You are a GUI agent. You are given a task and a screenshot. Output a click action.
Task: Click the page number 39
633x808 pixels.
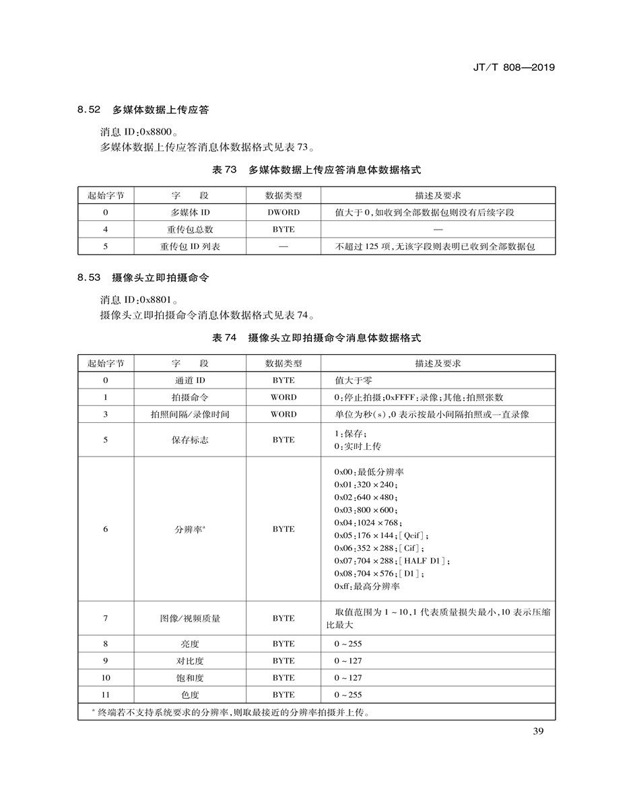(537, 733)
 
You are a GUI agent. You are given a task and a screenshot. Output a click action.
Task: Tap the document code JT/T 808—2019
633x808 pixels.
(510, 67)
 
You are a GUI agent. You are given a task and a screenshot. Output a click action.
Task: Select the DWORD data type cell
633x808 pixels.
(284, 212)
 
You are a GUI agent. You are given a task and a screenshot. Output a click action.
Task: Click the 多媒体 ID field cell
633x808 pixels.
(190, 212)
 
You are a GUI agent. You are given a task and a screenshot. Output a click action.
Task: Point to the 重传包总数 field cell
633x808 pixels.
(190, 230)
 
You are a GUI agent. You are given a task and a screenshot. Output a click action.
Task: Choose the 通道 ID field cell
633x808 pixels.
(190, 380)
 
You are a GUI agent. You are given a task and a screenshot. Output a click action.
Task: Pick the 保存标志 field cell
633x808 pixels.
(190, 440)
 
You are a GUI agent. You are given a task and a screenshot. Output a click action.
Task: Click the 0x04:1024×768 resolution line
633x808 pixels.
(368, 523)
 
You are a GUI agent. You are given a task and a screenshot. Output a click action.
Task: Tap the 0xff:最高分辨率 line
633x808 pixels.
(367, 586)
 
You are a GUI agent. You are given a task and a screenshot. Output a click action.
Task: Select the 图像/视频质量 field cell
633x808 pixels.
(190, 618)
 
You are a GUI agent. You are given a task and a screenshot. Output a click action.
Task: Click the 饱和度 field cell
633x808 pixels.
(190, 678)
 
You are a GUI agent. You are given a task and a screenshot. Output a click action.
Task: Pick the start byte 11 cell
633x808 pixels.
(106, 695)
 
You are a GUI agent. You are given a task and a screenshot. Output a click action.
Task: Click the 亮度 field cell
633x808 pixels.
(190, 644)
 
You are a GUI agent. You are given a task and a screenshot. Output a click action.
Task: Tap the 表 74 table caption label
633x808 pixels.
(224, 338)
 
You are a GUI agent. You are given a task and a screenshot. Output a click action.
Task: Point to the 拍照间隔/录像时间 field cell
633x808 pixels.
(190, 415)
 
